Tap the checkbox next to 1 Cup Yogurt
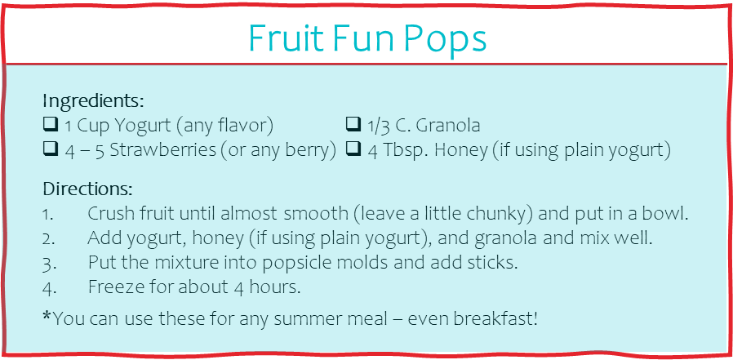tap(51, 123)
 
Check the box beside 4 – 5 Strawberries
tap(51, 149)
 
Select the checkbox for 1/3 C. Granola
tap(353, 123)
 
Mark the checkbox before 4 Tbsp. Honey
tap(353, 149)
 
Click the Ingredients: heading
tap(93, 101)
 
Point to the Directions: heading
tap(88, 189)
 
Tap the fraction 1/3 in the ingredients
tap(379, 126)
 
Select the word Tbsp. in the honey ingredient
tap(405, 150)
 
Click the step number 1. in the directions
tap(48, 215)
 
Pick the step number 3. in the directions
tap(49, 263)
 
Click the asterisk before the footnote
tap(47, 316)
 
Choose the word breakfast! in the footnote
tap(496, 319)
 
